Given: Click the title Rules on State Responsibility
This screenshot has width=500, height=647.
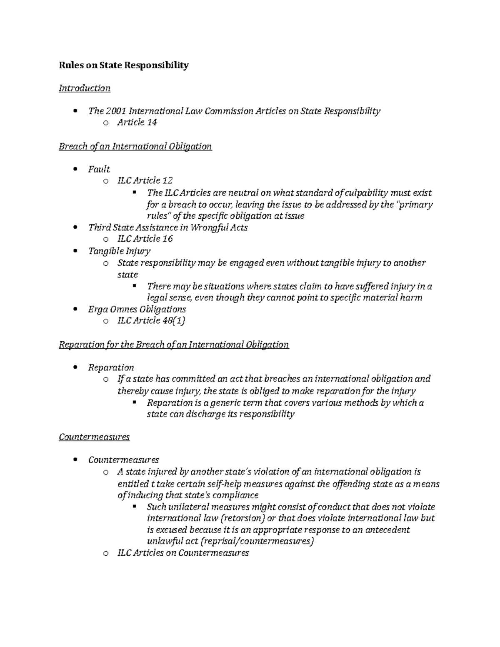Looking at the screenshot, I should pyautogui.click(x=124, y=65).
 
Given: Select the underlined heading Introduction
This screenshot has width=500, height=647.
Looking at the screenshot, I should pyautogui.click(x=85, y=88).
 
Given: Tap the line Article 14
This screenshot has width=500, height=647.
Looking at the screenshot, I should pyautogui.click(x=137, y=122).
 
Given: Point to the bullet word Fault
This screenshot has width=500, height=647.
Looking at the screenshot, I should pyautogui.click(x=99, y=169).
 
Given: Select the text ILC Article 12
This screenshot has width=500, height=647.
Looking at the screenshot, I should pyautogui.click(x=145, y=180).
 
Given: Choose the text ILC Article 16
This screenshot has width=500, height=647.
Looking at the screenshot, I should pyautogui.click(x=145, y=239).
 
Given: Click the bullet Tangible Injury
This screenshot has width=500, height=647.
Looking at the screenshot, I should pyautogui.click(x=119, y=251).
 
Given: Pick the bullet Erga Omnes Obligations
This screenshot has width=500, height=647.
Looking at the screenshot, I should pyautogui.click(x=137, y=309).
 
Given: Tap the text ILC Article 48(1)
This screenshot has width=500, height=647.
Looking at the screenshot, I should pyautogui.click(x=151, y=320).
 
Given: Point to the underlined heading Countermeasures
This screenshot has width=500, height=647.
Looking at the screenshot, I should pyautogui.click(x=94, y=437).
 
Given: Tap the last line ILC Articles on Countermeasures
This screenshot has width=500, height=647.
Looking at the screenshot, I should pyautogui.click(x=183, y=553).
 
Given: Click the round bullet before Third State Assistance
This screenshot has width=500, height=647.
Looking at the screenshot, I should pyautogui.click(x=75, y=227).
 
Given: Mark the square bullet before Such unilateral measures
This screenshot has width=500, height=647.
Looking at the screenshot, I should pyautogui.click(x=134, y=507).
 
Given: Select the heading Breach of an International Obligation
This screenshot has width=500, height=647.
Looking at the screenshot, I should pyautogui.click(x=135, y=146).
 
